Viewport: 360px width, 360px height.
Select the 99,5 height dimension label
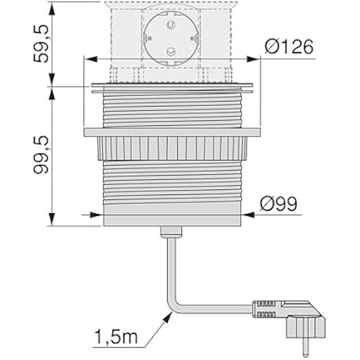click(42, 154)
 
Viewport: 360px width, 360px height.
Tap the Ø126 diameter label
click(290, 47)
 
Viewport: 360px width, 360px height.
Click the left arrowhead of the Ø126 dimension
click(87, 60)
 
